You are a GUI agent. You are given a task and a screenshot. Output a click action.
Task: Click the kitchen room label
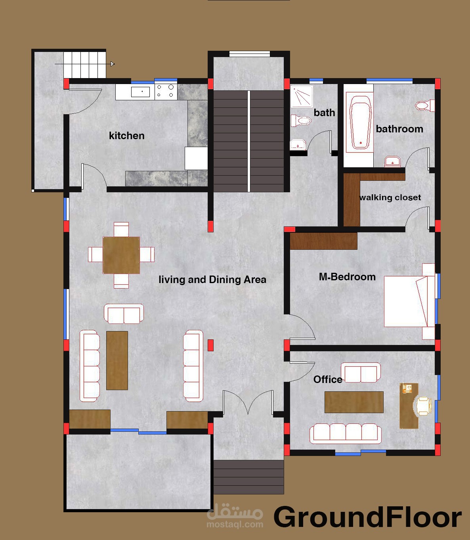[126, 136]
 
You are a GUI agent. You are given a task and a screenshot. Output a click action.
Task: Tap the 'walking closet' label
[390, 197]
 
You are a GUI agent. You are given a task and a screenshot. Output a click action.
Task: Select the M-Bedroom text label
[347, 277]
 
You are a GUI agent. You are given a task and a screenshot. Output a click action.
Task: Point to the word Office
[328, 379]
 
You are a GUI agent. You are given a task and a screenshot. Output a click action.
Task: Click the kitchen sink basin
[140, 92]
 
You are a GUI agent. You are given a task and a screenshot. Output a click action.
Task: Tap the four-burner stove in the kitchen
[166, 91]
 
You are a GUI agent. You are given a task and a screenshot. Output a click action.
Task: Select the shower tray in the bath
[302, 97]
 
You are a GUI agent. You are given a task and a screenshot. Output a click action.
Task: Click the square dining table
[121, 255]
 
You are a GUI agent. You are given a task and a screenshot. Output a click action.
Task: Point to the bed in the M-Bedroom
[409, 301]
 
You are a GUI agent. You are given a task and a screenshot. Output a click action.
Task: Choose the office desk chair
[424, 406]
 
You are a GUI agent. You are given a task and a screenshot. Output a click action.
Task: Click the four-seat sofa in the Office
[345, 434]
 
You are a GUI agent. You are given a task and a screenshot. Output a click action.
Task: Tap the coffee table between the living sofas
[117, 360]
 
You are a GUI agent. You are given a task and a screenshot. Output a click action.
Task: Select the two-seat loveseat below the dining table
[124, 314]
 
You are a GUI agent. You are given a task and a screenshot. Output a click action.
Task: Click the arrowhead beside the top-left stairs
[113, 64]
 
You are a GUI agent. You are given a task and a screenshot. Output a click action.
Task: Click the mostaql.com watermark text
[235, 524]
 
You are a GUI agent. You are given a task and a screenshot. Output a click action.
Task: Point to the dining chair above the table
[121, 229]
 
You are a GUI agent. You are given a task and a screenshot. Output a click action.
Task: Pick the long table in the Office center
[353, 402]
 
